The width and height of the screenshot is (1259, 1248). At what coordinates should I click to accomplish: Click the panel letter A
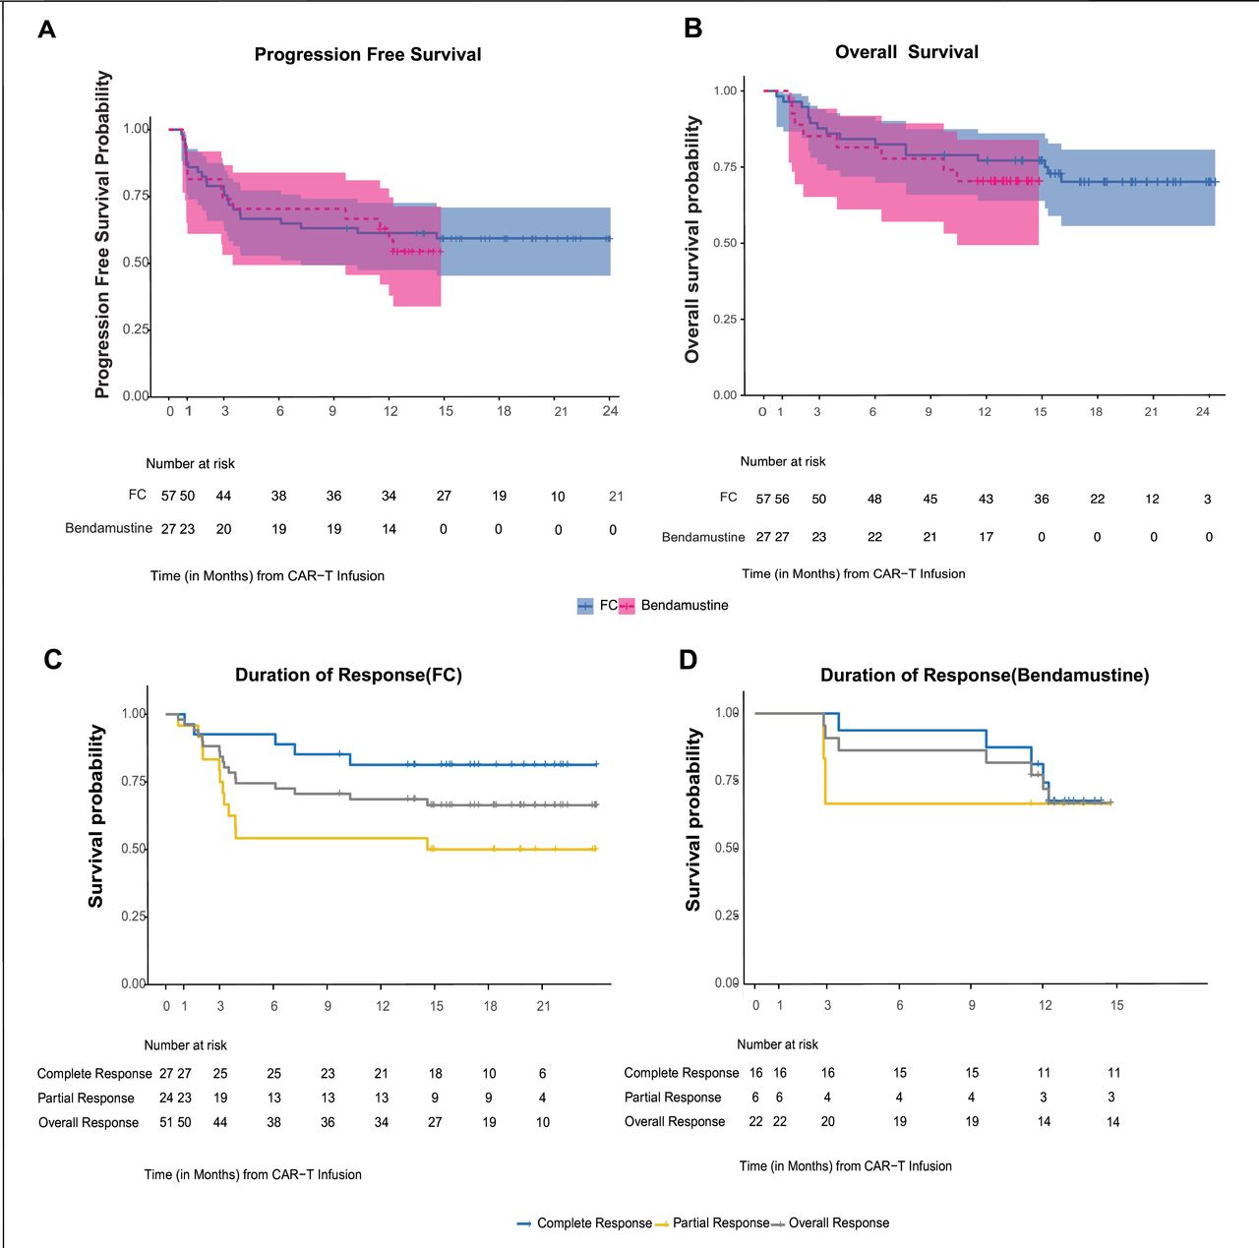point(46,30)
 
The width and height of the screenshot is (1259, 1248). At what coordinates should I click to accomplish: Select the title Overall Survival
point(906,52)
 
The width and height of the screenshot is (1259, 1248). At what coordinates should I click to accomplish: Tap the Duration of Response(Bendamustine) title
point(985,676)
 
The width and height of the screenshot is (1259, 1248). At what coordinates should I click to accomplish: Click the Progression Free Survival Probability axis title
point(102,234)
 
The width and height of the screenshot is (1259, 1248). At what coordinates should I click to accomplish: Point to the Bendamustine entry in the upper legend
point(685,605)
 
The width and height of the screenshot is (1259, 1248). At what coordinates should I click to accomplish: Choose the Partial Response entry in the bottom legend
point(720,1222)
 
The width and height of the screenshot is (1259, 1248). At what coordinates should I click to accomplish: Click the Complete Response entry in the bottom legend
point(594,1222)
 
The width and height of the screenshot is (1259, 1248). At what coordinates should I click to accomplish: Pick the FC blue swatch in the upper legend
point(585,606)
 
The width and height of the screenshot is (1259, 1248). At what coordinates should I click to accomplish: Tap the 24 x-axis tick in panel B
point(1202,412)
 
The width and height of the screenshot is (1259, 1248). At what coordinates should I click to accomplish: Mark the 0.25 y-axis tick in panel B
point(725,320)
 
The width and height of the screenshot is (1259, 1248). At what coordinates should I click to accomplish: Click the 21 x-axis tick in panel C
point(544,1006)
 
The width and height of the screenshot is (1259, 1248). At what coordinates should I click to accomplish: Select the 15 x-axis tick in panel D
point(1117,1005)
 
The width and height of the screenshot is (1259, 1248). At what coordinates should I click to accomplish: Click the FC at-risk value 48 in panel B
point(874,500)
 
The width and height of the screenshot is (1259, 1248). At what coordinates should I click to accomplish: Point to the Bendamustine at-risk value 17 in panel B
point(986,537)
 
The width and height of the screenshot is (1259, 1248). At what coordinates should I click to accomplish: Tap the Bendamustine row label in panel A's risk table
point(108,528)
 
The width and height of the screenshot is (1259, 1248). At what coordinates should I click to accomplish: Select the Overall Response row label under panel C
point(89,1122)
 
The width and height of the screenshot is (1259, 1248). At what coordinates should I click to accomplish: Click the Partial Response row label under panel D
point(673,1098)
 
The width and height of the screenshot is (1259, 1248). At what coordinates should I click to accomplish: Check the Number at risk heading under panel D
point(777,1044)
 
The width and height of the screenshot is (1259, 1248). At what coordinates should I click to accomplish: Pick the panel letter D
point(689,660)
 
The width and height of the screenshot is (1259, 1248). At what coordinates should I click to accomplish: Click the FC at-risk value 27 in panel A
point(444,497)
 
